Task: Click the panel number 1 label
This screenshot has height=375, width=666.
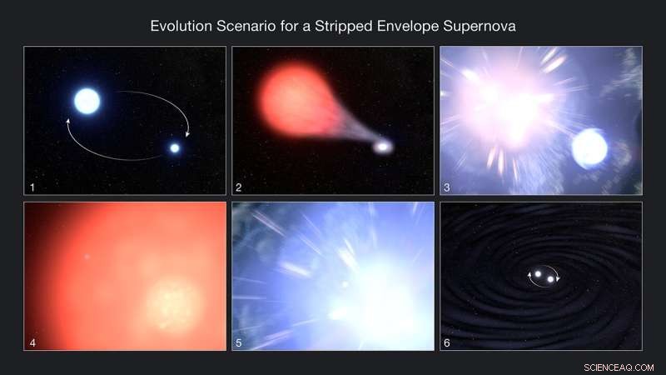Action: [32, 187]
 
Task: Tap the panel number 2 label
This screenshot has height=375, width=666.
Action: [240, 187]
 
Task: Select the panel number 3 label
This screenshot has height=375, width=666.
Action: [447, 187]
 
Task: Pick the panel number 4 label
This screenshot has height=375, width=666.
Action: [32, 342]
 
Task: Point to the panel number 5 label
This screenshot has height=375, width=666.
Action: [240, 342]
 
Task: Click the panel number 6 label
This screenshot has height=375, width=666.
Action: [447, 342]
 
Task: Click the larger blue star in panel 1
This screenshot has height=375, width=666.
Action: [87, 101]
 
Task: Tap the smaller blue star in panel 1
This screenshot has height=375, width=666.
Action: [175, 147]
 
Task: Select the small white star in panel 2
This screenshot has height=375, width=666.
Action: [382, 147]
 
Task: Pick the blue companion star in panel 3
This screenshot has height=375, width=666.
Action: [589, 148]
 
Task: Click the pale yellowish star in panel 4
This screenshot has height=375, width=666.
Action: [174, 302]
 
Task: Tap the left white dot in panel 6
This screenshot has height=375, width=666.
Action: [538, 273]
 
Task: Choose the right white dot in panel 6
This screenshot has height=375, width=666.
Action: [550, 278]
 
